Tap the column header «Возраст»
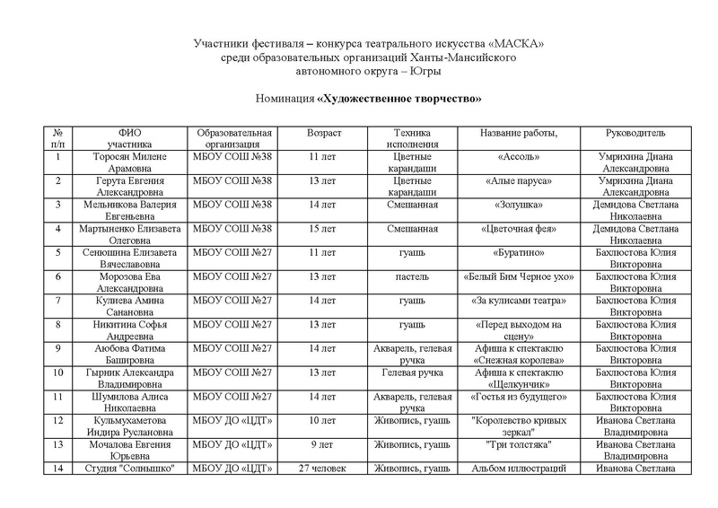(324, 133)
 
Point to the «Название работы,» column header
(518, 133)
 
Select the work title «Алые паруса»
(519, 180)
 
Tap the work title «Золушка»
(519, 205)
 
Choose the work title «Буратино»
(519, 253)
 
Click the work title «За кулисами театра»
(519, 302)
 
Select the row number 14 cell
(57, 468)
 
